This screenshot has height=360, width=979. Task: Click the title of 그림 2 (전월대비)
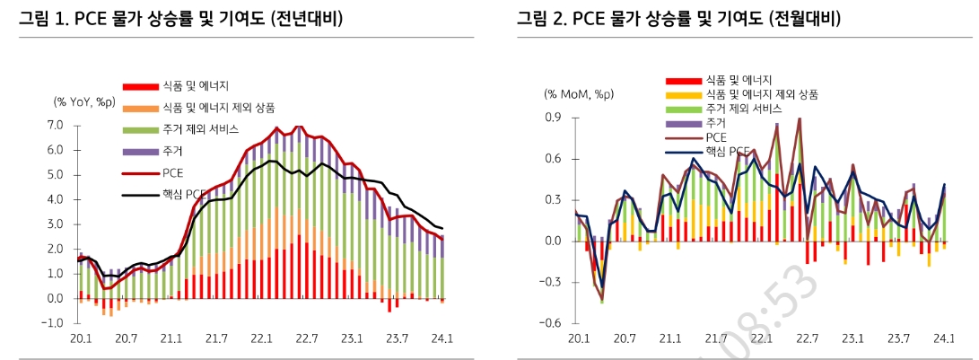click(x=684, y=19)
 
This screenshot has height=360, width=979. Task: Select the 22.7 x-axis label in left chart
click(x=307, y=338)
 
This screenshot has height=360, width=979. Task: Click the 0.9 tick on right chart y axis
click(x=554, y=118)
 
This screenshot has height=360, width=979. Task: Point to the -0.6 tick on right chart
click(x=552, y=323)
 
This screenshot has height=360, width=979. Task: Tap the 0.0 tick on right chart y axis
click(x=554, y=241)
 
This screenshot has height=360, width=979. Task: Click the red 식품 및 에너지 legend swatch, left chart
click(x=141, y=86)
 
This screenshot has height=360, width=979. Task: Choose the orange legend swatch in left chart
click(x=141, y=108)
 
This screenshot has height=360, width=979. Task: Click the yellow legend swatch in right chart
click(x=682, y=94)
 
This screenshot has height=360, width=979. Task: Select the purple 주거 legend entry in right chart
click(x=716, y=122)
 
